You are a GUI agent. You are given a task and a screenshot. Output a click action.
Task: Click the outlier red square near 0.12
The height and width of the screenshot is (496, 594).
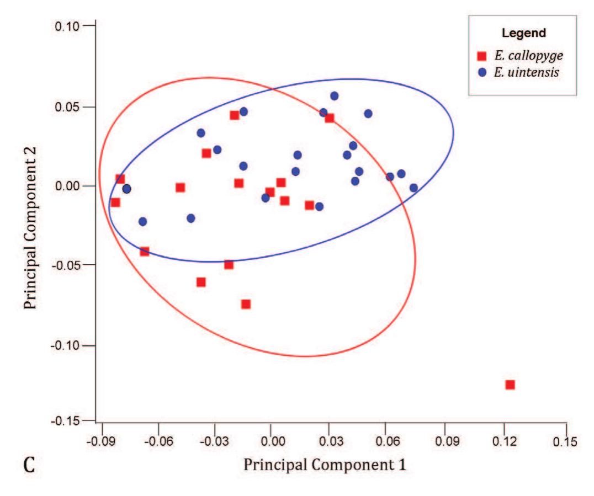pyautogui.click(x=510, y=385)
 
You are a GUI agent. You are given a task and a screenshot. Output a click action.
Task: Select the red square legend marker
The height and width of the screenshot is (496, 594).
pyautogui.click(x=482, y=56)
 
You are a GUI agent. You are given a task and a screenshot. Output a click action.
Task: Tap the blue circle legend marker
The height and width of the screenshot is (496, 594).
pyautogui.click(x=482, y=73)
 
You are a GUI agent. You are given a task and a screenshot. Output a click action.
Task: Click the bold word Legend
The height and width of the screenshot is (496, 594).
pyautogui.click(x=523, y=33)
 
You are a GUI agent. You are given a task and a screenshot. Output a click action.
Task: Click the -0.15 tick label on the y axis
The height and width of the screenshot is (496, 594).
pyautogui.click(x=66, y=421)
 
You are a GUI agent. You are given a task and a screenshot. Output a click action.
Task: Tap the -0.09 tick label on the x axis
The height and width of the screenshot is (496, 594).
pyautogui.click(x=101, y=442)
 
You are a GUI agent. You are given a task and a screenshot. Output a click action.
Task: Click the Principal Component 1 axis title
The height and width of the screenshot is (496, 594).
pyautogui.click(x=325, y=465)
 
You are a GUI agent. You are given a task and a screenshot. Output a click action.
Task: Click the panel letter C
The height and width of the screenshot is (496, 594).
pyautogui.click(x=30, y=466)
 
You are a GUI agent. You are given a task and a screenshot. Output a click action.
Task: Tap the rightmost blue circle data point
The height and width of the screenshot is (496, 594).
pyautogui.click(x=413, y=188)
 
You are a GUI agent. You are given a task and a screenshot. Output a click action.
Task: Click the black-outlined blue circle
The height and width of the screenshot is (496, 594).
pyautogui.click(x=126, y=189)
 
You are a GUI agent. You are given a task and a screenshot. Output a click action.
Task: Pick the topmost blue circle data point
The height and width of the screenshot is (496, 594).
pyautogui.click(x=334, y=96)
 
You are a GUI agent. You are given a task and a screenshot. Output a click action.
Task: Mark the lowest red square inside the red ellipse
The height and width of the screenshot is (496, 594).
pyautogui.click(x=246, y=304)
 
